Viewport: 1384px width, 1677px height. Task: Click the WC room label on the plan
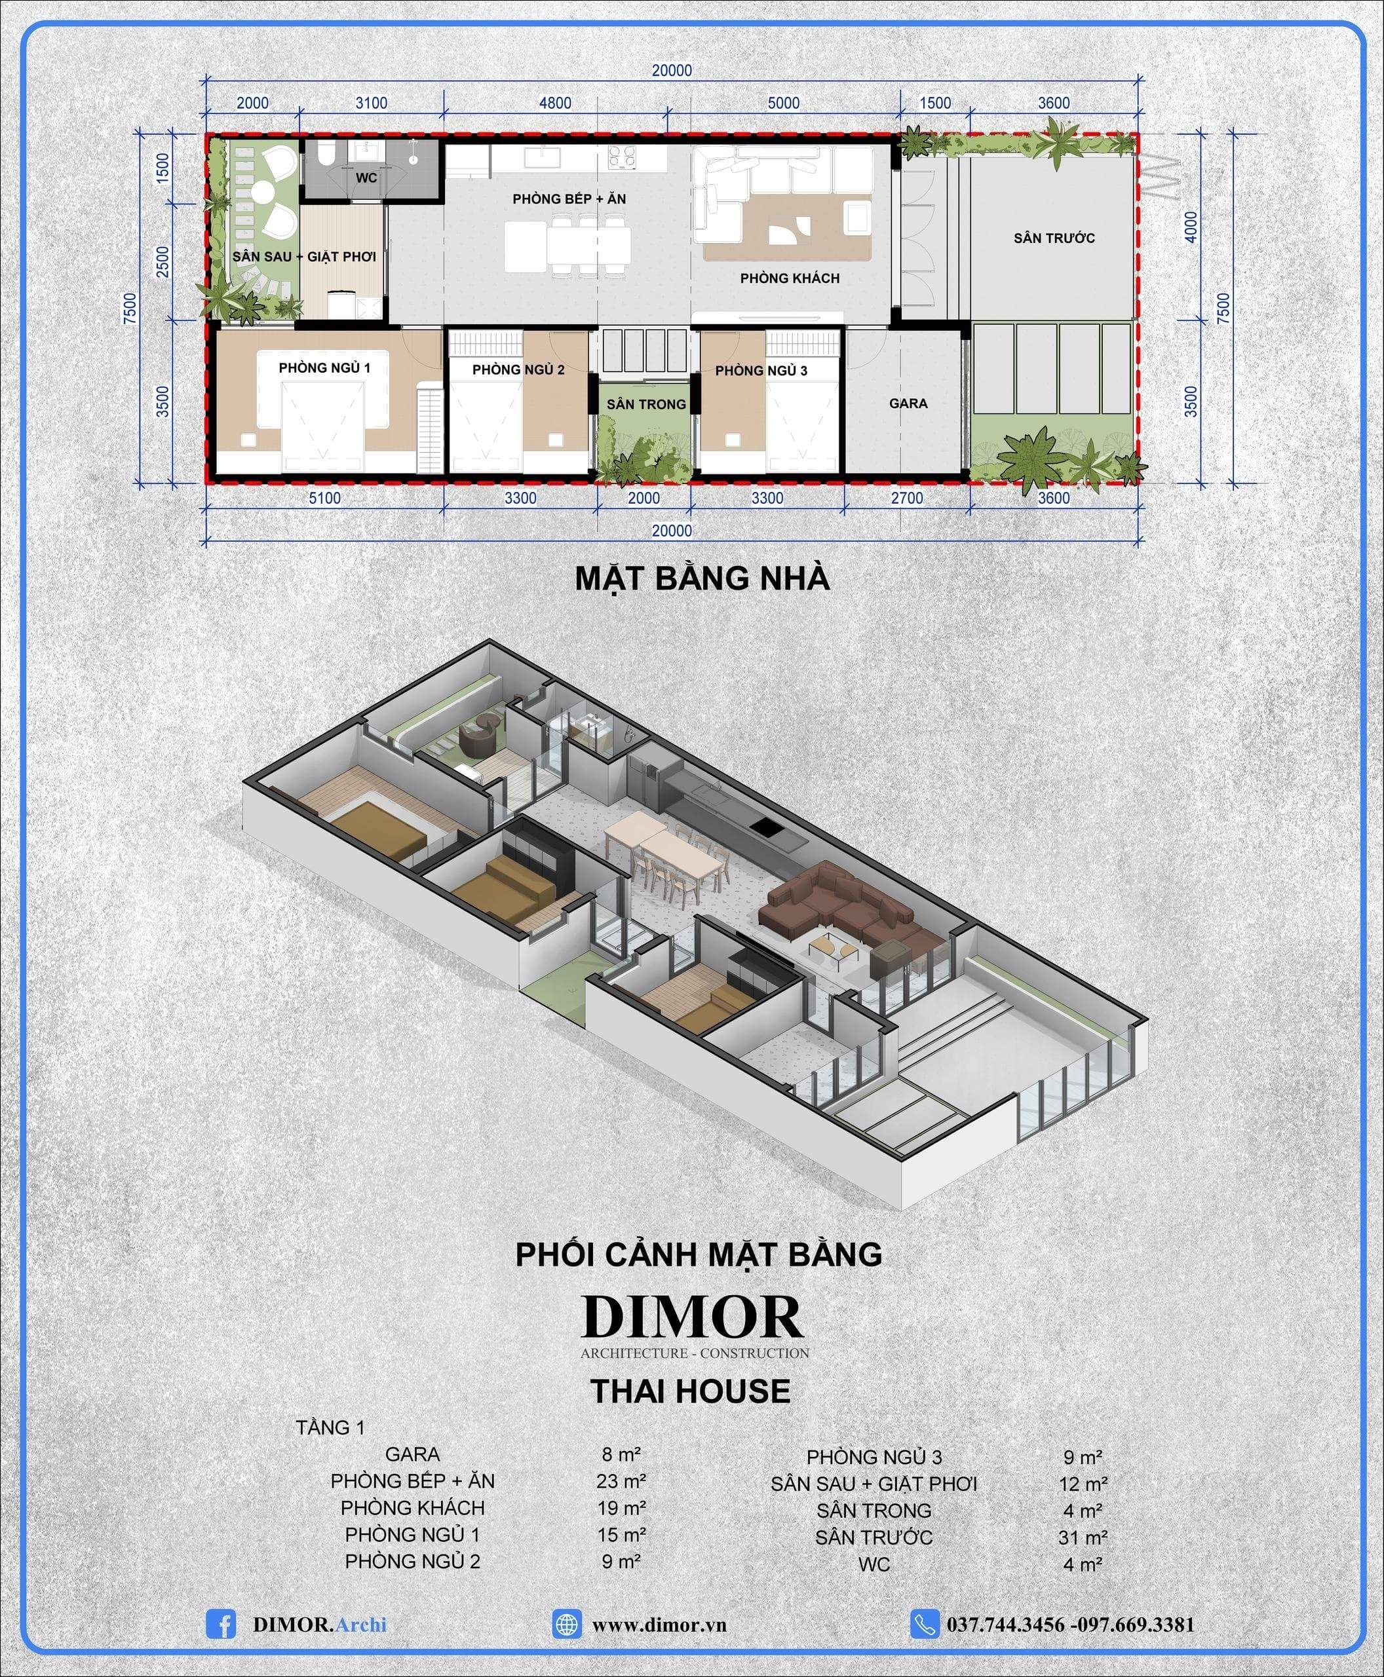pyautogui.click(x=366, y=178)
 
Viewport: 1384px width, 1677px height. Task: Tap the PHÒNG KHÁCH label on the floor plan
pyautogui.click(x=789, y=278)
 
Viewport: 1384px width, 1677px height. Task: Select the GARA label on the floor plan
pyautogui.click(x=908, y=404)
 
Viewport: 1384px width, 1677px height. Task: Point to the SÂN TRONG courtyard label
pyautogui.click(x=645, y=404)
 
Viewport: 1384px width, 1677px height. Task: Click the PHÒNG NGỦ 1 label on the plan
pyautogui.click(x=324, y=367)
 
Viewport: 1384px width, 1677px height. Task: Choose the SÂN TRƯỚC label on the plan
pyautogui.click(x=1054, y=238)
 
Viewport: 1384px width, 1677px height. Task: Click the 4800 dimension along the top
pyautogui.click(x=555, y=103)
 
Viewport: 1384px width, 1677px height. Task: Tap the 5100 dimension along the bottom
pyautogui.click(x=324, y=498)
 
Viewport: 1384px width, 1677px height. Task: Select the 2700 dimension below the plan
pyautogui.click(x=907, y=498)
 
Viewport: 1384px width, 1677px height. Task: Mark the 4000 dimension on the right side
pyautogui.click(x=1191, y=227)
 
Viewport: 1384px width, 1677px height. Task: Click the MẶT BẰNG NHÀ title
pyautogui.click(x=702, y=578)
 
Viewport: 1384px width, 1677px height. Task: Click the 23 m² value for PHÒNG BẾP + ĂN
pyautogui.click(x=621, y=1481)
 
